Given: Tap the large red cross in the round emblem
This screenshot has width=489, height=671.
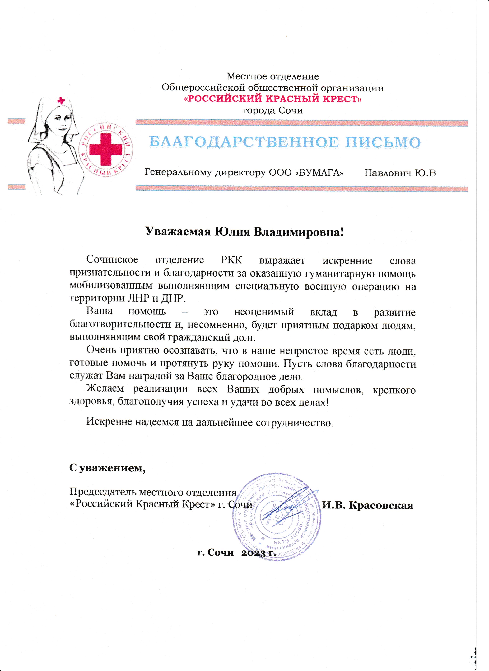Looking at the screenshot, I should (x=106, y=149).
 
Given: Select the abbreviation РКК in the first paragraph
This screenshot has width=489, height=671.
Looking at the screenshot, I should (x=232, y=260).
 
